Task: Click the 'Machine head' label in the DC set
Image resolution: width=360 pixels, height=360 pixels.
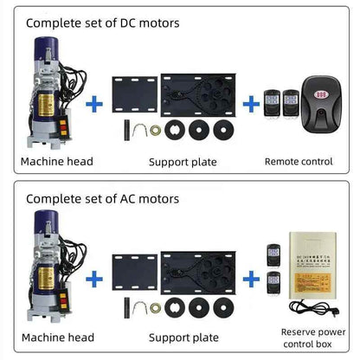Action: pyautogui.click(x=56, y=162)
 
